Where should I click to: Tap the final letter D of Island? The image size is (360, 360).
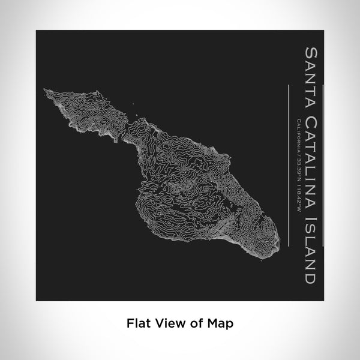[308, 278]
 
